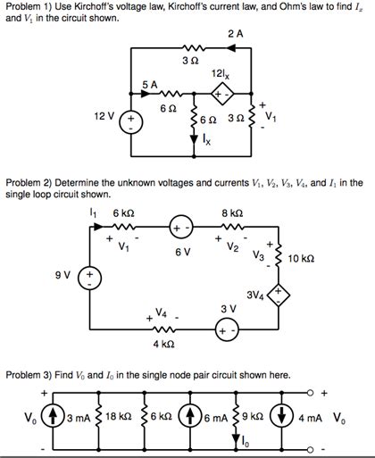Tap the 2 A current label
click(x=235, y=33)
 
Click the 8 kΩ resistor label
click(x=230, y=212)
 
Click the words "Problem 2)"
click(x=28, y=182)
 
